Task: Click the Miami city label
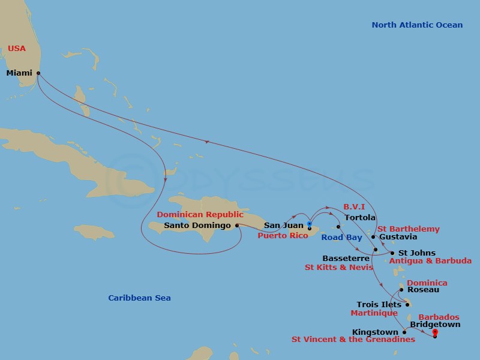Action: [19, 73]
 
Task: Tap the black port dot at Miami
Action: [38, 73]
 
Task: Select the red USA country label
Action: [17, 48]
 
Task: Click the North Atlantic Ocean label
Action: [417, 25]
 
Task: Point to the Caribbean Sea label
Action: [139, 298]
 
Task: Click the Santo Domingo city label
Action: [197, 226]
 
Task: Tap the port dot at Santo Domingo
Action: [237, 226]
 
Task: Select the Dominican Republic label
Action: [200, 214]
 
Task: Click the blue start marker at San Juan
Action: [309, 226]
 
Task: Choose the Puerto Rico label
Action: [283, 236]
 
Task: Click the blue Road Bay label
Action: [341, 238]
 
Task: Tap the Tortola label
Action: [361, 217]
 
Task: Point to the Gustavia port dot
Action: [373, 237]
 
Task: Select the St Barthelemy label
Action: [408, 229]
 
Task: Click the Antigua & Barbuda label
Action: [430, 261]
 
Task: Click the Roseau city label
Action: [422, 290]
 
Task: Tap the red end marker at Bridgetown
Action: [435, 333]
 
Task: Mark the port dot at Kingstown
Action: [404, 332]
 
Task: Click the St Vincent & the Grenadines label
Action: [353, 340]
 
